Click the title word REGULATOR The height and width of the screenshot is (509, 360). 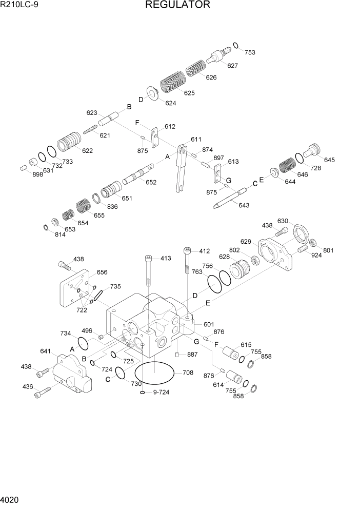[x=177, y=5]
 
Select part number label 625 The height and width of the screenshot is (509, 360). [x=189, y=93]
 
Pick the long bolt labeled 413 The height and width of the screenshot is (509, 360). [x=149, y=272]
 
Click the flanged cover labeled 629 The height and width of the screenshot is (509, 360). [x=276, y=253]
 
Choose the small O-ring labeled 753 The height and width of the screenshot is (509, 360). [x=235, y=45]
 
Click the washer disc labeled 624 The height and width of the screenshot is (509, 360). [x=152, y=93]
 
